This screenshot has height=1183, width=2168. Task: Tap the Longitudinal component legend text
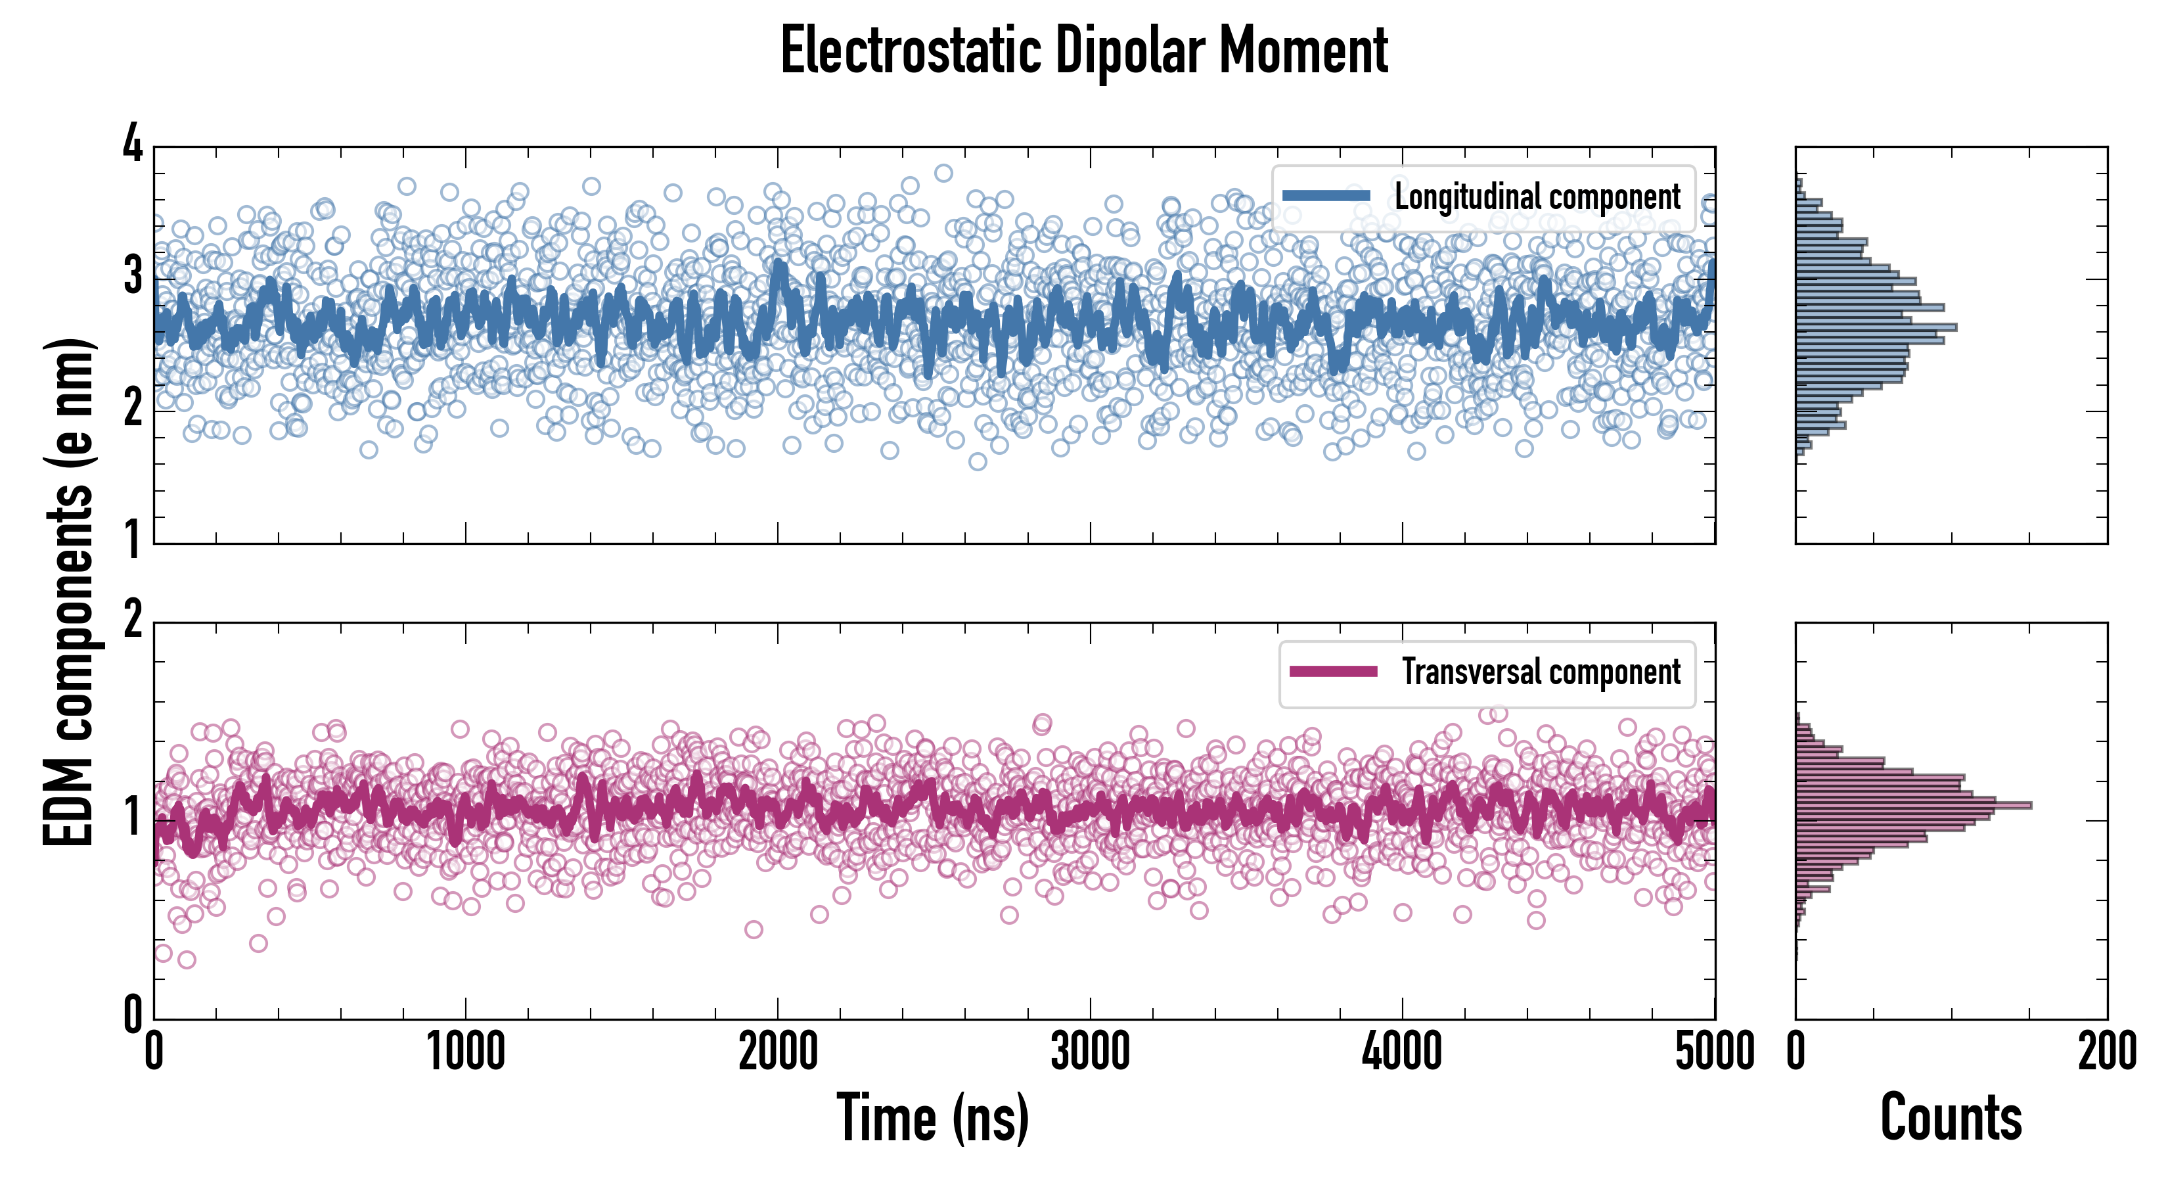[1537, 197]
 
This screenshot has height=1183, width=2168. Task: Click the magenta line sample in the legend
[1333, 671]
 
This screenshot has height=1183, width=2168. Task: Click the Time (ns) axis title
[932, 1117]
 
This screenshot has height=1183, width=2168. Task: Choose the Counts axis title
[1951, 1117]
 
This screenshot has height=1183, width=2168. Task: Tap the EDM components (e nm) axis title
[69, 593]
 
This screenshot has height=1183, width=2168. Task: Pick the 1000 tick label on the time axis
[465, 1052]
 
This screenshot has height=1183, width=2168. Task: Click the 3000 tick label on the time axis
[1090, 1052]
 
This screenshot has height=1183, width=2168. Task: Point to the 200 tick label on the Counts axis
[2106, 1052]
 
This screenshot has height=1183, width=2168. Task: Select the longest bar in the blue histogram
[1875, 327]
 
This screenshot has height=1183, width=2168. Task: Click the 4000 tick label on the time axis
[1402, 1052]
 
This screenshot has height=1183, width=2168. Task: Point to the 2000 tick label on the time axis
[778, 1052]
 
